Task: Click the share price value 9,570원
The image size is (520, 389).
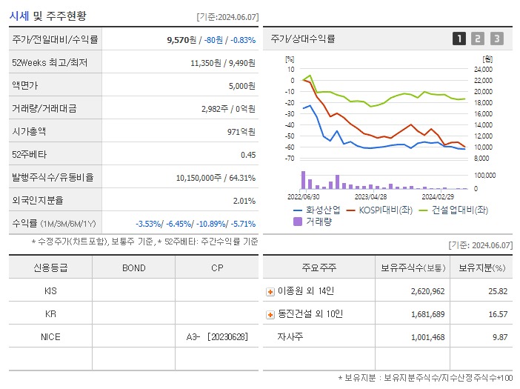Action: pos(181,40)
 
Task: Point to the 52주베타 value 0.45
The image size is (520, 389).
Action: pos(247,154)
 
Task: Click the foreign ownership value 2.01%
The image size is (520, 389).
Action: pos(244,200)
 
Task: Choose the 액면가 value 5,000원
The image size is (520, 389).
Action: pos(241,86)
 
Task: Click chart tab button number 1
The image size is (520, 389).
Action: pos(459,39)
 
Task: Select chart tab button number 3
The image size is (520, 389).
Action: pos(496,39)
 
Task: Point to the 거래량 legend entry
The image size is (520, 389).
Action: pos(319,221)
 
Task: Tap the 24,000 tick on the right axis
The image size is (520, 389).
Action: pos(481,69)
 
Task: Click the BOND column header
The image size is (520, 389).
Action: pos(133,267)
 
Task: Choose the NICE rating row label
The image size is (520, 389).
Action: pos(50,336)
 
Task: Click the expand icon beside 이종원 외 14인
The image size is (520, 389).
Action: pos(270,292)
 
